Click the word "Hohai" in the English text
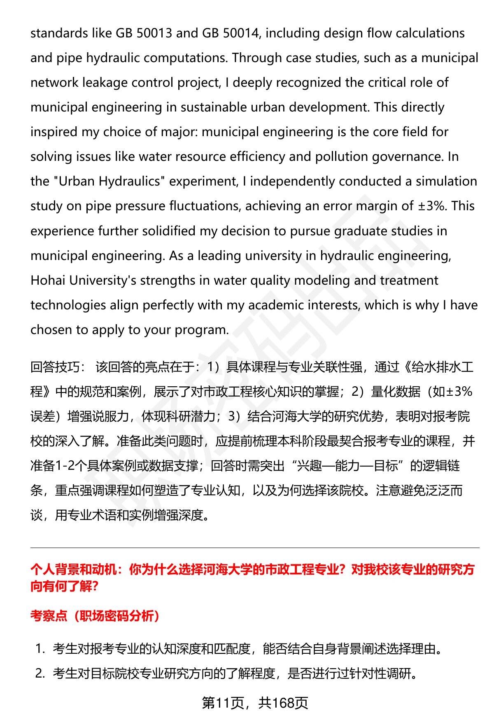point(48,280)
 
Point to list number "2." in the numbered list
point(40,673)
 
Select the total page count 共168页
point(283,703)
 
